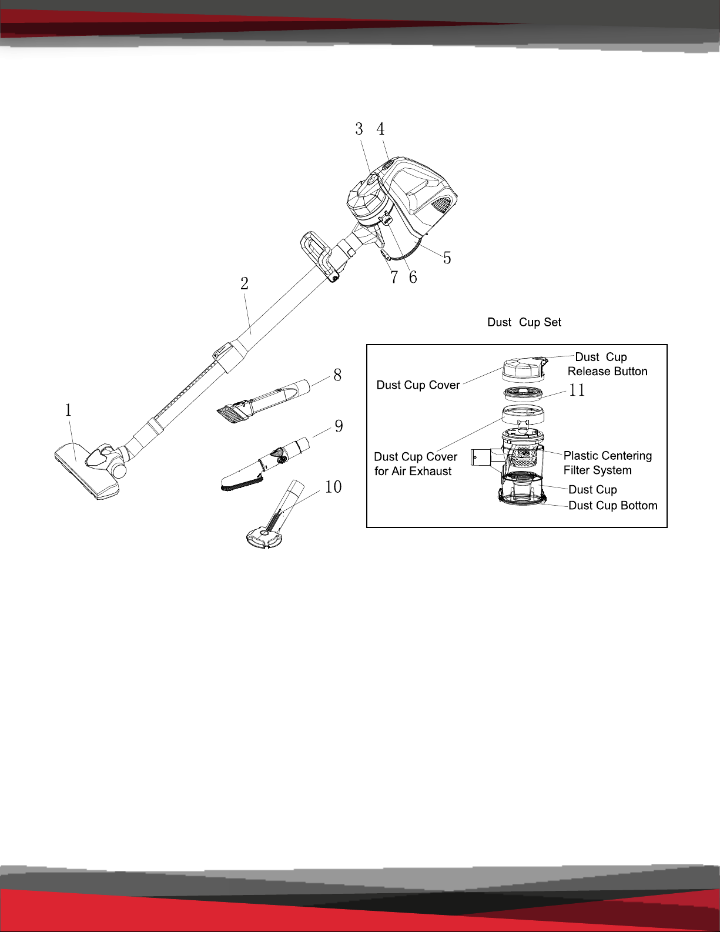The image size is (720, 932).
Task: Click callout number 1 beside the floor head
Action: (x=68, y=410)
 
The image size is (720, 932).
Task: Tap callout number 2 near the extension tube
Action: (x=245, y=283)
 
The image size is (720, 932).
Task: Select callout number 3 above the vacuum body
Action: (x=359, y=129)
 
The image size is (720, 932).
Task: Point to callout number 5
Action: (x=447, y=258)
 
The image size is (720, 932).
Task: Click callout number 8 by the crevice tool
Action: (x=338, y=375)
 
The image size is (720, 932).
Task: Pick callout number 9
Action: (x=339, y=426)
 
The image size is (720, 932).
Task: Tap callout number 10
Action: (x=333, y=487)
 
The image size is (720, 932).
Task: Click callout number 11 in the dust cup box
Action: (x=577, y=390)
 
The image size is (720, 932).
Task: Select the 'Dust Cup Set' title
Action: (x=524, y=322)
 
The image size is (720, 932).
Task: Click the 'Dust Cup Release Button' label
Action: (x=607, y=364)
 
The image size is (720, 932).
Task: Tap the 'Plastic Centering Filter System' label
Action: (x=608, y=463)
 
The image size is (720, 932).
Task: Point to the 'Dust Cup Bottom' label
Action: (x=613, y=505)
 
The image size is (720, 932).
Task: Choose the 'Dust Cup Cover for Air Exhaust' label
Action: (x=416, y=463)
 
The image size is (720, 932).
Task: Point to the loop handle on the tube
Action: (x=318, y=256)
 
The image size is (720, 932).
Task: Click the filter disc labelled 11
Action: (x=524, y=393)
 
